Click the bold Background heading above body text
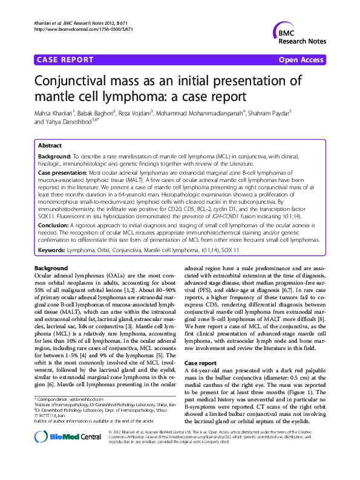coord(51,268)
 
